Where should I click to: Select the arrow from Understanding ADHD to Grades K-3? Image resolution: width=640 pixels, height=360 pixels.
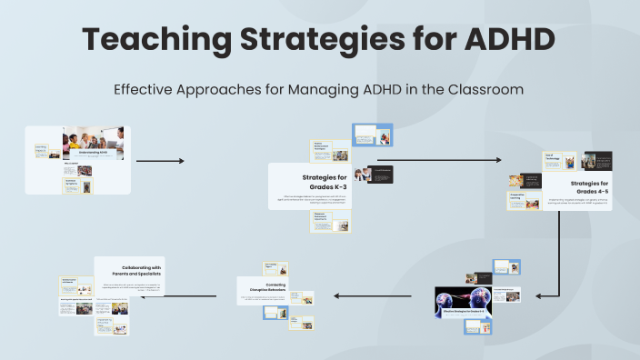coord(159,161)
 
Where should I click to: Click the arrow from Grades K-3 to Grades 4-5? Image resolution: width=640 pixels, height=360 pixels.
coord(437,161)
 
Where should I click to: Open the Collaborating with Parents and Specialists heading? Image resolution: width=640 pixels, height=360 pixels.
coord(128,270)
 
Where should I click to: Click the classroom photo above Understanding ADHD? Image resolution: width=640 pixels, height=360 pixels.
coord(95,139)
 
